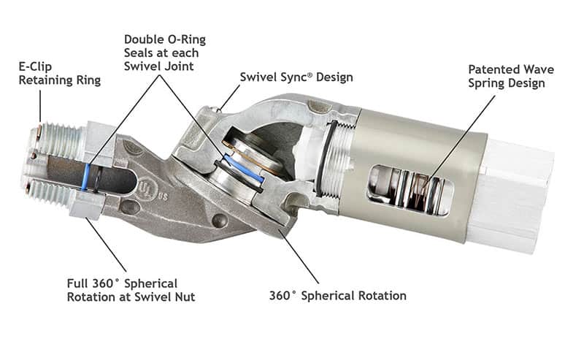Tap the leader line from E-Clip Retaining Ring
click(41, 106)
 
